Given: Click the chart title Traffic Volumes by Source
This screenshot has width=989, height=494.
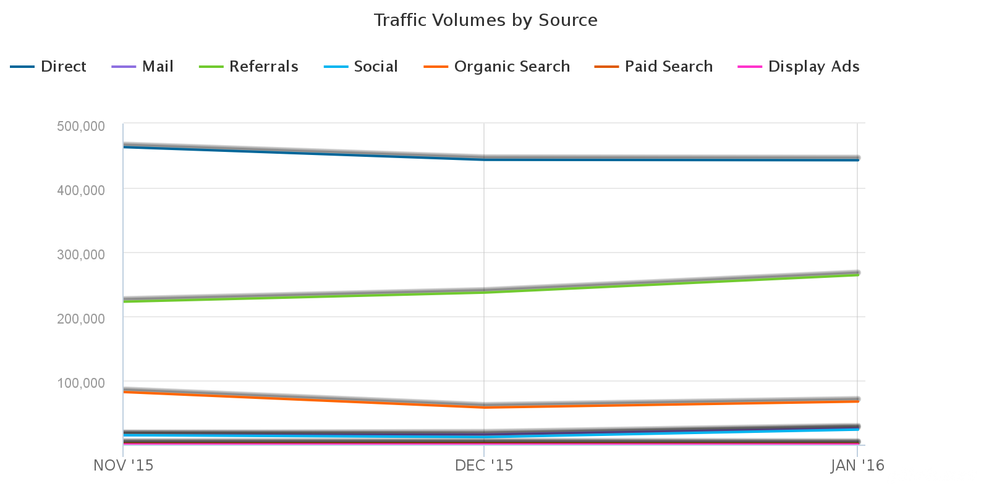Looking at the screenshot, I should (485, 20).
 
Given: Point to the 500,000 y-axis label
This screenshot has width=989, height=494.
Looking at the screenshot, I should (81, 126).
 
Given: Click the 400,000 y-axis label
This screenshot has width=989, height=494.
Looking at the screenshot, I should (81, 190).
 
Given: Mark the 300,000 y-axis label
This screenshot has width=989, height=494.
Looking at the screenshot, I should (81, 254).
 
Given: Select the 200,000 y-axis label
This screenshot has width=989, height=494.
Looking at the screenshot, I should (81, 319).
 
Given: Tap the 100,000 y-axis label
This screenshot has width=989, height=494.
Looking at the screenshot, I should (81, 383).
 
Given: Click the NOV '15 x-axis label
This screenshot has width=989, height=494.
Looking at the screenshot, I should (123, 466).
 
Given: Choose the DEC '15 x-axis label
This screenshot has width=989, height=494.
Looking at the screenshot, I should (484, 466).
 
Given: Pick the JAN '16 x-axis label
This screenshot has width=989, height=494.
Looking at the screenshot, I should (857, 466).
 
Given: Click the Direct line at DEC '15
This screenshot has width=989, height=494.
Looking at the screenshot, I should (484, 159).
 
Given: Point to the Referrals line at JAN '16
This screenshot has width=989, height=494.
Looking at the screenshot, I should (857, 274).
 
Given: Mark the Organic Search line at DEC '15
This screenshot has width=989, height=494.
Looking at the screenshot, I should (484, 406).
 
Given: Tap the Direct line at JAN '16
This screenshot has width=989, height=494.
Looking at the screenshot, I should (857, 159).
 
